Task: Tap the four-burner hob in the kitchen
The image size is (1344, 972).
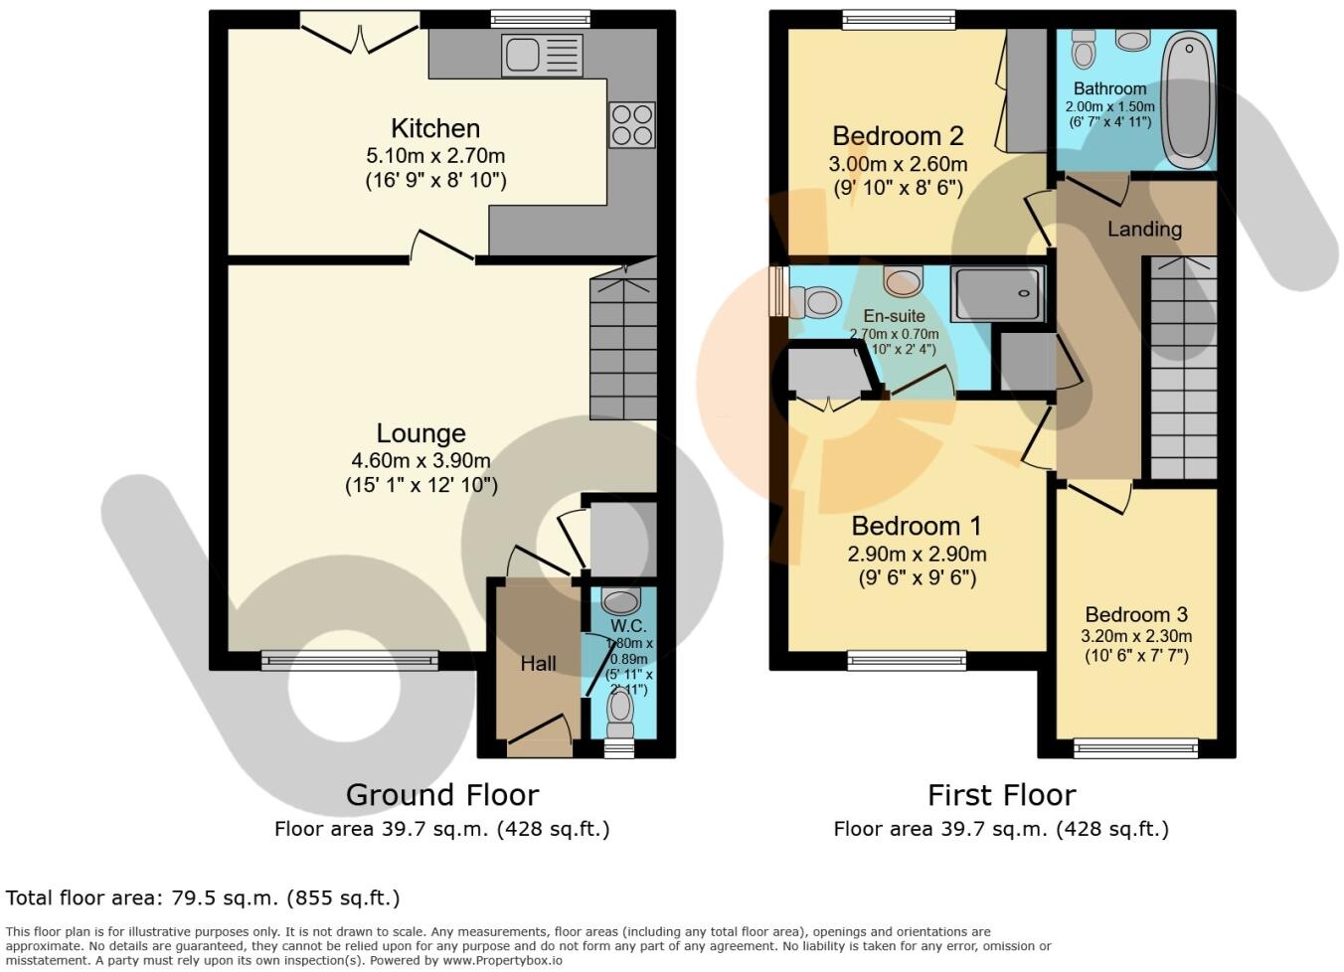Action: (632, 125)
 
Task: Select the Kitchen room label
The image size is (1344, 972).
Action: (435, 128)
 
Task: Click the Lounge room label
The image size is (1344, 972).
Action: (420, 433)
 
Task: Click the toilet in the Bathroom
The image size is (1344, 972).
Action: (1084, 49)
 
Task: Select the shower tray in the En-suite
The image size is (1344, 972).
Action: (996, 294)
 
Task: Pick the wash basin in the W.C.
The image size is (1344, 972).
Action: (621, 601)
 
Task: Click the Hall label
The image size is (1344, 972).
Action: (538, 663)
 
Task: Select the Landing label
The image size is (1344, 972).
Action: (1144, 229)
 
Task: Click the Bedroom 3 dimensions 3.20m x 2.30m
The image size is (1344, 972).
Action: (1136, 636)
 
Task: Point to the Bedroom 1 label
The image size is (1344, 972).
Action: (916, 526)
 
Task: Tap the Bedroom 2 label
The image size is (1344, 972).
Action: (898, 136)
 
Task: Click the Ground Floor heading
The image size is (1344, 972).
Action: (442, 795)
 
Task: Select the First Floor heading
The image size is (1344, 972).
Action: (1001, 795)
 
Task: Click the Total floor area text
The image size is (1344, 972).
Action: (203, 898)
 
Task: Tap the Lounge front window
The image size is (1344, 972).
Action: (350, 660)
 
